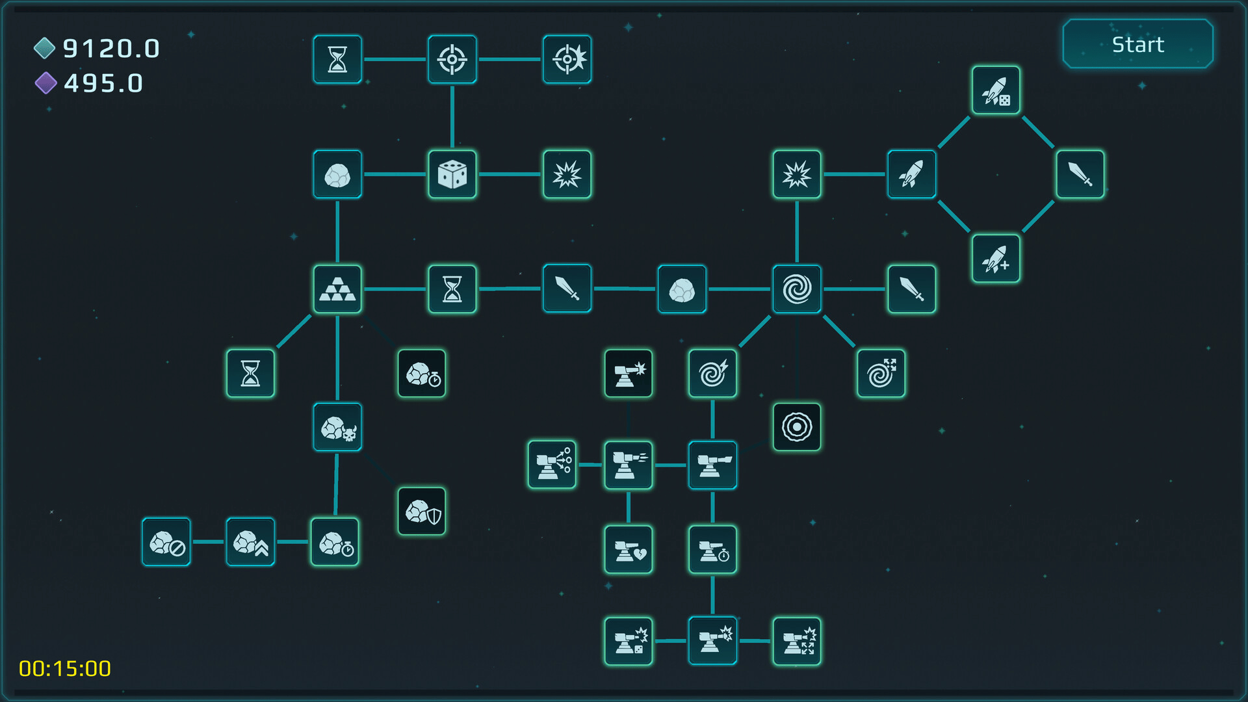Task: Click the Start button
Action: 1137,44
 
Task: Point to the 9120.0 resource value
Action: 111,49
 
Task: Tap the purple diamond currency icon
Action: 45,83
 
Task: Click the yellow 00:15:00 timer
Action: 65,668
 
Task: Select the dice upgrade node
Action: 452,174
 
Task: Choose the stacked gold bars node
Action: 337,289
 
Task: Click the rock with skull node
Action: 337,427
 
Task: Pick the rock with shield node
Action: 422,512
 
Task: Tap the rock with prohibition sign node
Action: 166,542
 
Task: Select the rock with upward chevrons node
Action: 250,542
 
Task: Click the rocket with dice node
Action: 996,90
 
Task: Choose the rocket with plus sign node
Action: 996,259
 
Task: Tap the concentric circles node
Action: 797,427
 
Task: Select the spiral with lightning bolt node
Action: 712,373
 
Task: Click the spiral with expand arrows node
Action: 881,373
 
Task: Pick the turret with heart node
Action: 629,550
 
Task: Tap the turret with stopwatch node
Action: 712,550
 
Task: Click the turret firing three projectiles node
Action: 552,465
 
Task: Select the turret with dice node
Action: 629,642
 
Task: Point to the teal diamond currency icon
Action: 44,47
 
